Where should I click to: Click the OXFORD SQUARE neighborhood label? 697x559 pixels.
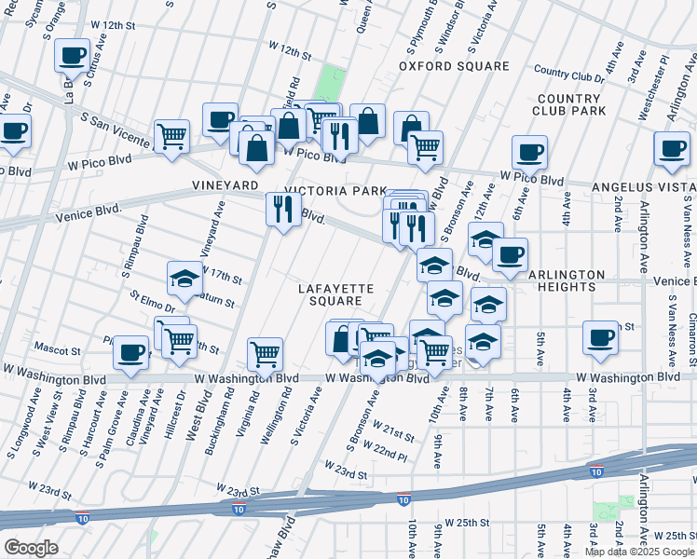[454, 66]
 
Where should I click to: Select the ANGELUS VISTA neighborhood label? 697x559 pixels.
[644, 187]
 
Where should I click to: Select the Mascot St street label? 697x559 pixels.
[58, 351]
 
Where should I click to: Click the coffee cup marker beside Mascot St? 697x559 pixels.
[131, 353]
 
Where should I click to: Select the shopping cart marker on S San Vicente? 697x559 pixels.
[172, 136]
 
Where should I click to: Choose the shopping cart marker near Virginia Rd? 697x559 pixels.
[266, 354]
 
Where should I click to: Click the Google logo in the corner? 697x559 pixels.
[31, 547]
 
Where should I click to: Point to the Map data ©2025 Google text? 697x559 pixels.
[638, 552]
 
